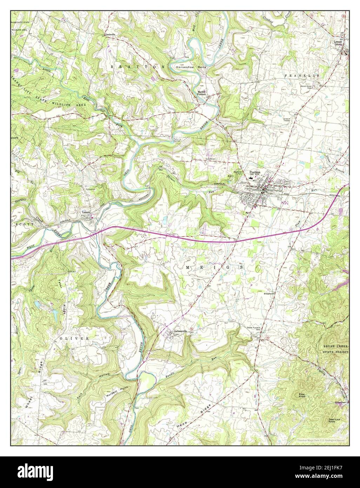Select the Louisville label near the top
[110, 35]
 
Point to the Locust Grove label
[338, 43]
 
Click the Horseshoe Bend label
[192, 67]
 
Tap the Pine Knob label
[302, 395]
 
